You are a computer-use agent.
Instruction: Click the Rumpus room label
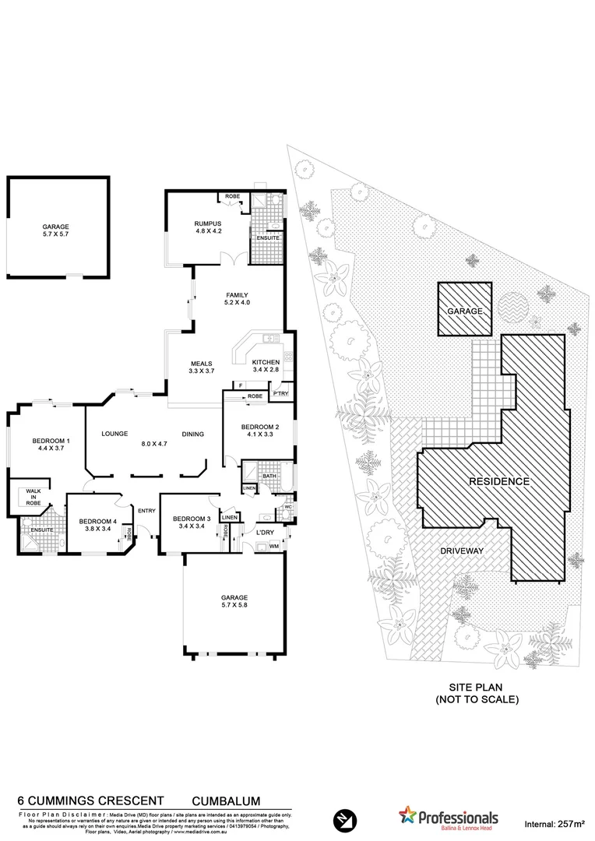pos(208,227)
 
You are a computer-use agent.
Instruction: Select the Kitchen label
pos(265,366)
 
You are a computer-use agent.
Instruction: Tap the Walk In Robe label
pos(33,497)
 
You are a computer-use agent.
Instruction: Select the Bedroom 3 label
pos(192,523)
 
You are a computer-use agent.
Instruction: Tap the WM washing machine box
pos(274,547)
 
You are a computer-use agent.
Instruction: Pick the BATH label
pos(269,476)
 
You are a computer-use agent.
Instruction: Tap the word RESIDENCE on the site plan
pos(498,482)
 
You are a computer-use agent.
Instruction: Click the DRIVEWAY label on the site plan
pos(463,551)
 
